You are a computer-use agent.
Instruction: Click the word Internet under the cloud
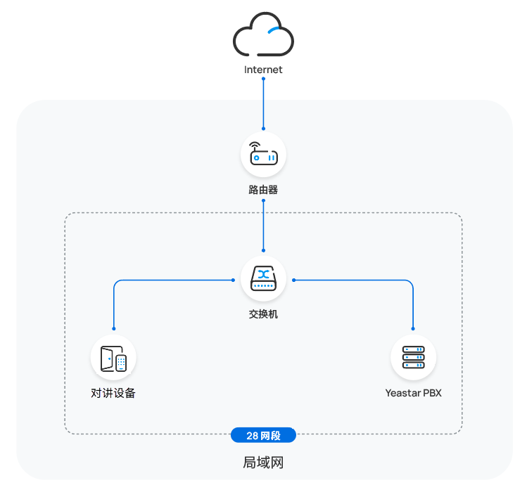click(263, 70)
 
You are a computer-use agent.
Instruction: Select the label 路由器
click(263, 190)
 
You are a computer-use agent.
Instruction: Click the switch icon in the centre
click(263, 279)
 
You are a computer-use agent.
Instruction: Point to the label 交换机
click(263, 314)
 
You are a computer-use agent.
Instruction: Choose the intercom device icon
click(113, 358)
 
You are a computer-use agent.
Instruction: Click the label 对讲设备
click(113, 393)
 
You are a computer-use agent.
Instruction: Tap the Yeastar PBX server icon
click(413, 358)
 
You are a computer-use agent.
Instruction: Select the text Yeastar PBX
click(413, 393)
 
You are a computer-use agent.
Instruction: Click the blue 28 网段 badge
click(263, 436)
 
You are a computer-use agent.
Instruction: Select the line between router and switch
click(263, 225)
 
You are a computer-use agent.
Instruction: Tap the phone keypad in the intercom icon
click(121, 363)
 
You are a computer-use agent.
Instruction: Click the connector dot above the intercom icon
click(113, 329)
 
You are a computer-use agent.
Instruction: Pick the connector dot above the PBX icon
click(413, 329)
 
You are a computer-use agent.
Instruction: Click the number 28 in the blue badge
click(252, 436)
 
